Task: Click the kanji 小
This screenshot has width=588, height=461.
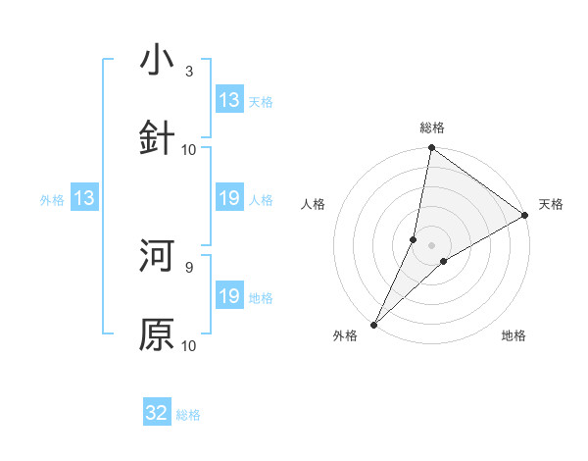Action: coord(157,61)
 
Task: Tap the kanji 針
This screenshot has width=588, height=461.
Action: coord(157,137)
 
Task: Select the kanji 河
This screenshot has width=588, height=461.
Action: coord(157,256)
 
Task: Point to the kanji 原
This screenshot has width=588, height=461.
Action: coord(157,334)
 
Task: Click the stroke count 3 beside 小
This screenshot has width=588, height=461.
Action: coord(189,72)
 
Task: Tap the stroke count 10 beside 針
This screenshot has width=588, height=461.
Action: coord(189,149)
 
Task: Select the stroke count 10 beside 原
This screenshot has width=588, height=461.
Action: coord(189,345)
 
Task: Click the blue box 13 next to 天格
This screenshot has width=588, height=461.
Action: coord(229,100)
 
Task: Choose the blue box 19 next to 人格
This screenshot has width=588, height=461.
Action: coord(229,199)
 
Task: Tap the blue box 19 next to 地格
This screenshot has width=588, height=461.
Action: coord(229,296)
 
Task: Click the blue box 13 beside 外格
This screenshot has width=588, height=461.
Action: coord(84,199)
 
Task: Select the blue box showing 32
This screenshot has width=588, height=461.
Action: coord(157,413)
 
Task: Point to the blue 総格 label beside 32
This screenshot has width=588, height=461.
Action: coord(188,415)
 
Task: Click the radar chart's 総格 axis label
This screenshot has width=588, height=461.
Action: coord(432,128)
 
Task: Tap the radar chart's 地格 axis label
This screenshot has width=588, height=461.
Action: coord(514,336)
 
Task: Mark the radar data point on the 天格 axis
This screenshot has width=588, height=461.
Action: coord(525,216)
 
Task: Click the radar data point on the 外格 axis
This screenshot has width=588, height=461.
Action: coord(373,325)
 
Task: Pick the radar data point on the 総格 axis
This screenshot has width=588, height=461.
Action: coord(432,149)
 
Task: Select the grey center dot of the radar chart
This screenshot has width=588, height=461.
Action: coord(432,245)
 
